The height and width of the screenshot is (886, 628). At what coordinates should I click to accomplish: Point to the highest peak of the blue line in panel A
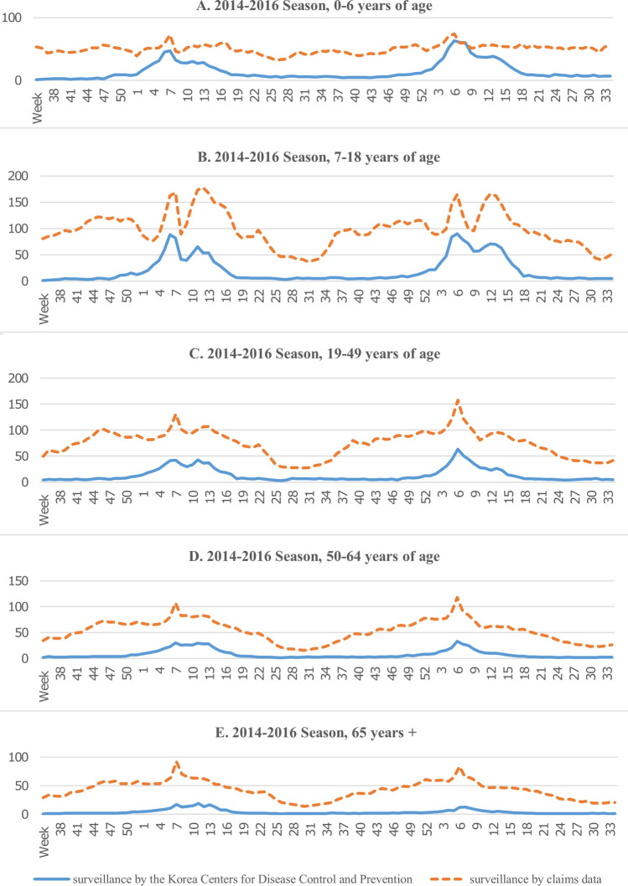454,41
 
